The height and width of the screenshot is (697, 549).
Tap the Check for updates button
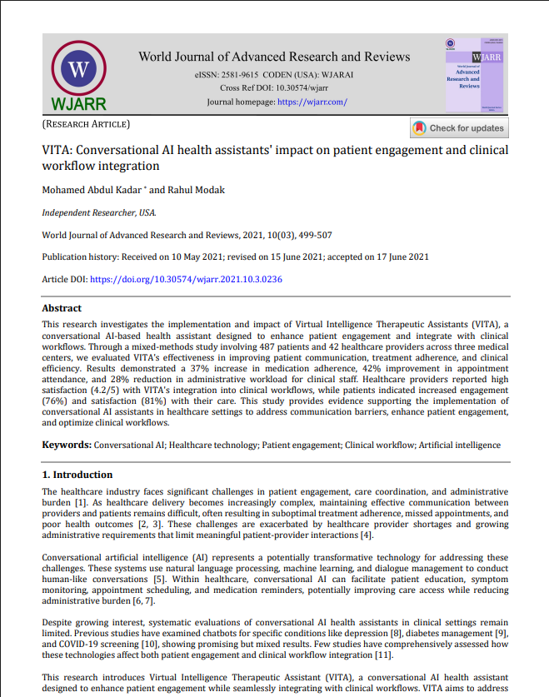coord(459,128)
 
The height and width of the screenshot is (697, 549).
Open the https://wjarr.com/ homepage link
coord(312,102)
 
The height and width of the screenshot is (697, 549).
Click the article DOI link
coord(185,279)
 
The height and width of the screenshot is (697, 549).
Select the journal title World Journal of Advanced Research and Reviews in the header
coord(274,57)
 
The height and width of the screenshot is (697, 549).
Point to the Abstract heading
coord(62,308)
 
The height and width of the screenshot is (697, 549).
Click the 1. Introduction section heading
coord(77,475)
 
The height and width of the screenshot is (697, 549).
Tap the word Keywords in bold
coord(66,446)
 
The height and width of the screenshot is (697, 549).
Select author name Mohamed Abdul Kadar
coord(91,190)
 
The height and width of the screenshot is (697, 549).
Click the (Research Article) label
coord(86,124)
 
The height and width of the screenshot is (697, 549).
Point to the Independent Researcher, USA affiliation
coord(98,212)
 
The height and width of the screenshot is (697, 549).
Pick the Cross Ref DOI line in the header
coord(274,88)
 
